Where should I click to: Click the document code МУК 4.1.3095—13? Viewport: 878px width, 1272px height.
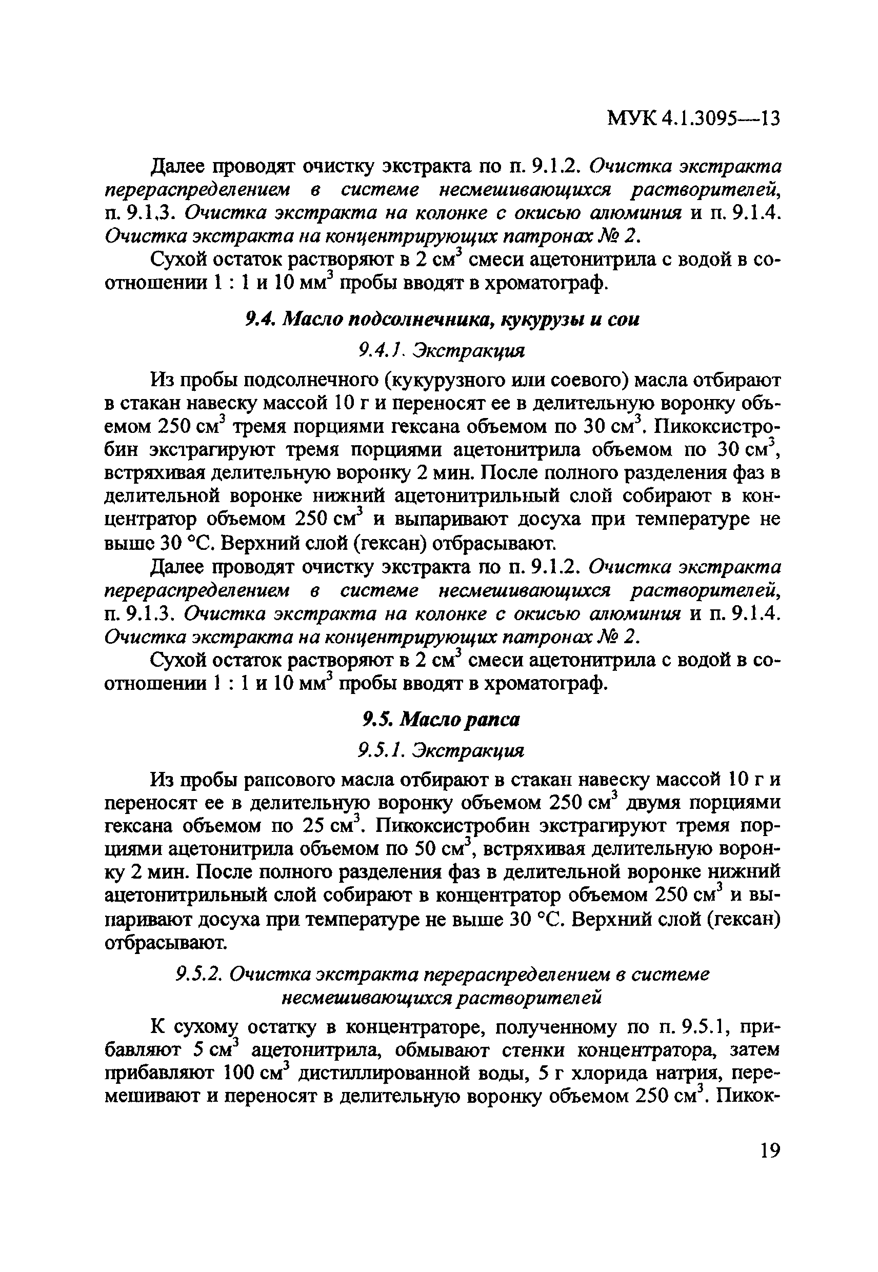tap(694, 119)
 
